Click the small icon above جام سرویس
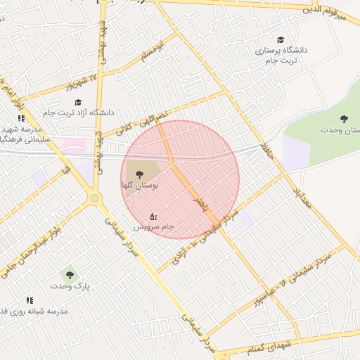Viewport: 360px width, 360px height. (154, 216)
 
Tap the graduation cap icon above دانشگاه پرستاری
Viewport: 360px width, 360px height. (281, 40)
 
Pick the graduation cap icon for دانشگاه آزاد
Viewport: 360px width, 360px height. (77, 102)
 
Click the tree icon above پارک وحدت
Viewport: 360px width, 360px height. (69, 274)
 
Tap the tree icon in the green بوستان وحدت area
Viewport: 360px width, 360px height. (343, 119)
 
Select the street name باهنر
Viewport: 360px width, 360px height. (202, 205)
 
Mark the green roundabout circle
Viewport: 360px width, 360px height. (94, 199)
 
